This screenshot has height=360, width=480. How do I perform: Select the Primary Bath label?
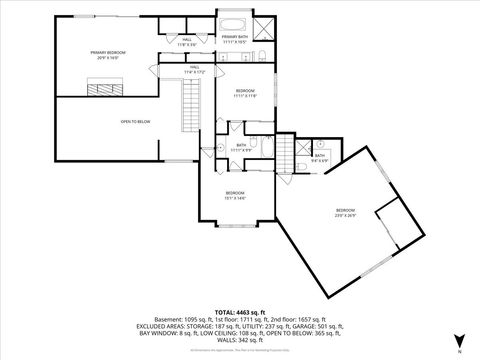(x=234, y=39)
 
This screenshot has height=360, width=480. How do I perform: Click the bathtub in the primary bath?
(x=234, y=23)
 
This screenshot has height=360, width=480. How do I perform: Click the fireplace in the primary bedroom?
(x=102, y=89)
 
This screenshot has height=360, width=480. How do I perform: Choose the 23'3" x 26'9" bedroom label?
(x=345, y=212)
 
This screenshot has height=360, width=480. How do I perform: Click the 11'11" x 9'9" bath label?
(x=242, y=147)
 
